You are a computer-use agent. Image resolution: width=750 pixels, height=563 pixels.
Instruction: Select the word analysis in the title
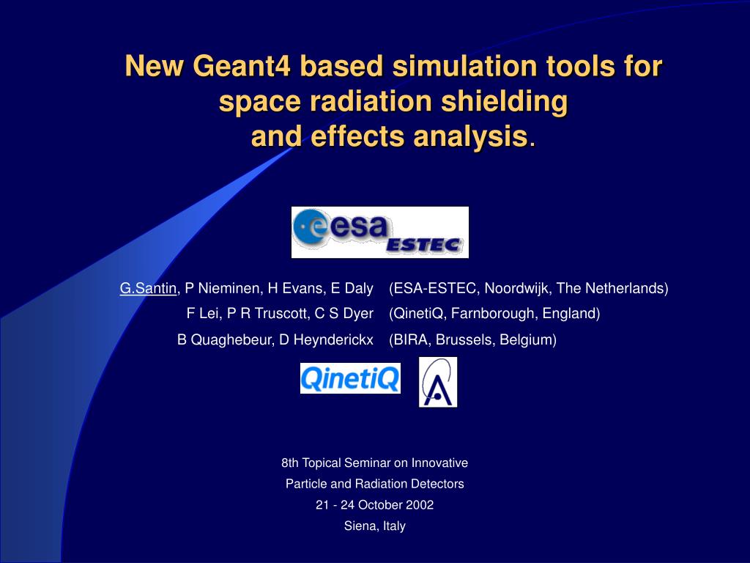[470, 136]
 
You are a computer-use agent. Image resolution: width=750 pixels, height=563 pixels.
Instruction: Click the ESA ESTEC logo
[380, 232]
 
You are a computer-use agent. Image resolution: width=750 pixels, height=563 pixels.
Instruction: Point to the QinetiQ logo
[350, 378]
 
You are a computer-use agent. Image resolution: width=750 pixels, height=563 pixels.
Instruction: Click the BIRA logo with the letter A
[438, 382]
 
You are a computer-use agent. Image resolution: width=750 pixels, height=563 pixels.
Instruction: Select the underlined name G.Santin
[148, 288]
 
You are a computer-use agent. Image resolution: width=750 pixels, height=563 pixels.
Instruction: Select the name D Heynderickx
[326, 340]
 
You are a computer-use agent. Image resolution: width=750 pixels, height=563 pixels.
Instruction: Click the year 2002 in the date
[420, 505]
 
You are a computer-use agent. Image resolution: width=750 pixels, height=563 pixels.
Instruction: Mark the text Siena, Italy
[374, 526]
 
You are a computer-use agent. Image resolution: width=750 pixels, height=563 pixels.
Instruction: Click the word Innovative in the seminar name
[439, 463]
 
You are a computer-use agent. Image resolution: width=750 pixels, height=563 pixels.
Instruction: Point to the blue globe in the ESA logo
[309, 228]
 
